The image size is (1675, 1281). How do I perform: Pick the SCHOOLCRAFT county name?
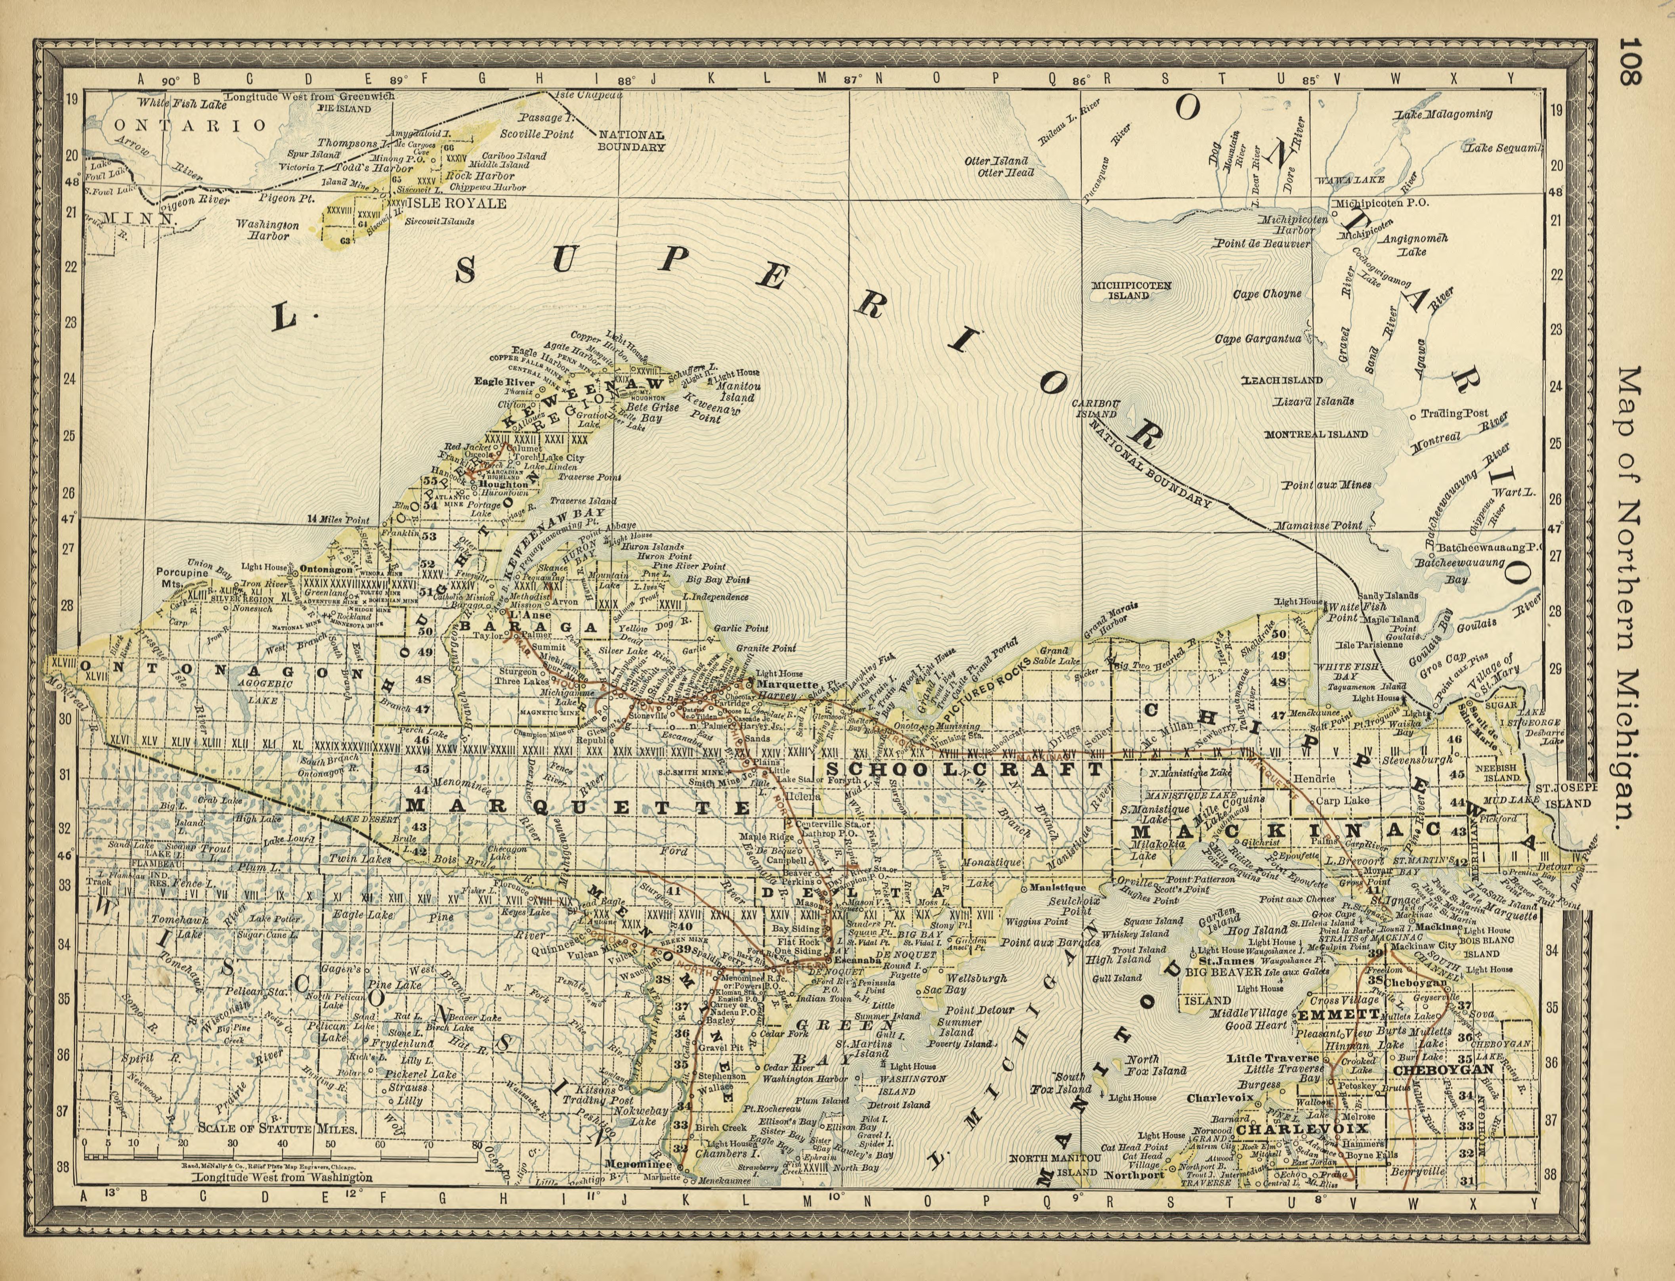pos(965,770)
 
